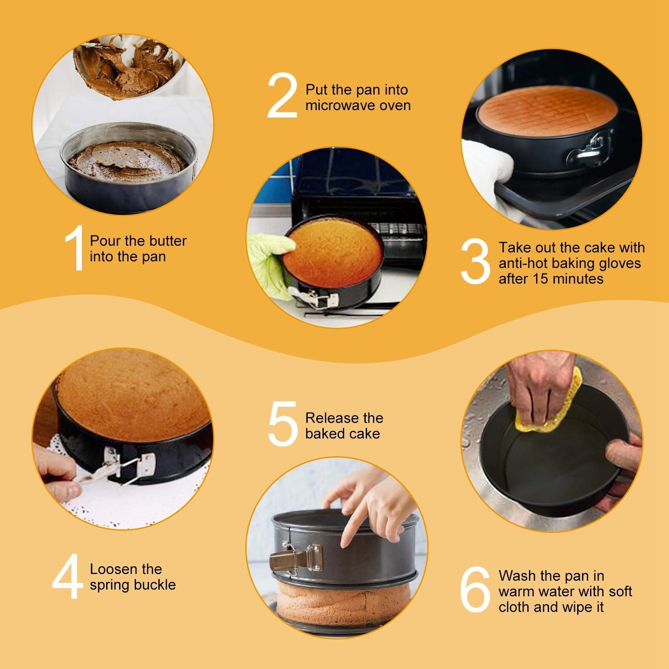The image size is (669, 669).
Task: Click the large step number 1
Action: pos(74,248)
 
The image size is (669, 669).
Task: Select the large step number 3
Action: pos(475,263)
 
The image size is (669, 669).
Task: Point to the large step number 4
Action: pos(67,577)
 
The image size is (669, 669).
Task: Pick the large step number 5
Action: pos(282,424)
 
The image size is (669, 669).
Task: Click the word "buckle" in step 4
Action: pos(157,585)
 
